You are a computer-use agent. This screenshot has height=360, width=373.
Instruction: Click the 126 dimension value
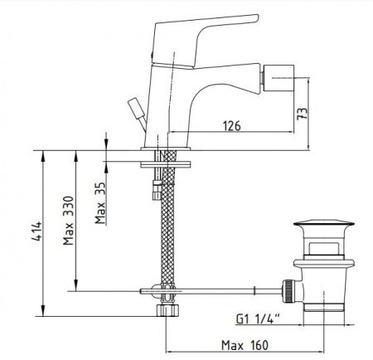pyautogui.click(x=231, y=126)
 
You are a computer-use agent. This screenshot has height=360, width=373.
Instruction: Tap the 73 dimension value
pyautogui.click(x=302, y=114)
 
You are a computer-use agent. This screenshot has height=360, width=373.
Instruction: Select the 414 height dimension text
pyautogui.click(x=36, y=231)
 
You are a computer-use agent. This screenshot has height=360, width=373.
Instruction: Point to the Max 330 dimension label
pyautogui.click(x=68, y=221)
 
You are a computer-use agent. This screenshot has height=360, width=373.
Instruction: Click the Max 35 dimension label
pyautogui.click(x=100, y=202)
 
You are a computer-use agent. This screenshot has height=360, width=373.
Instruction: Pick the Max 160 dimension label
pyautogui.click(x=245, y=345)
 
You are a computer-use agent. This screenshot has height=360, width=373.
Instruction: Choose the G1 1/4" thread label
pyautogui.click(x=258, y=319)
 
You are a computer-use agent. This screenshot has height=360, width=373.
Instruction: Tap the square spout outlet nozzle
pyautogui.click(x=278, y=80)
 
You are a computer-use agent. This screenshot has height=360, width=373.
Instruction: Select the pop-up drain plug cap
pyautogui.click(x=324, y=223)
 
